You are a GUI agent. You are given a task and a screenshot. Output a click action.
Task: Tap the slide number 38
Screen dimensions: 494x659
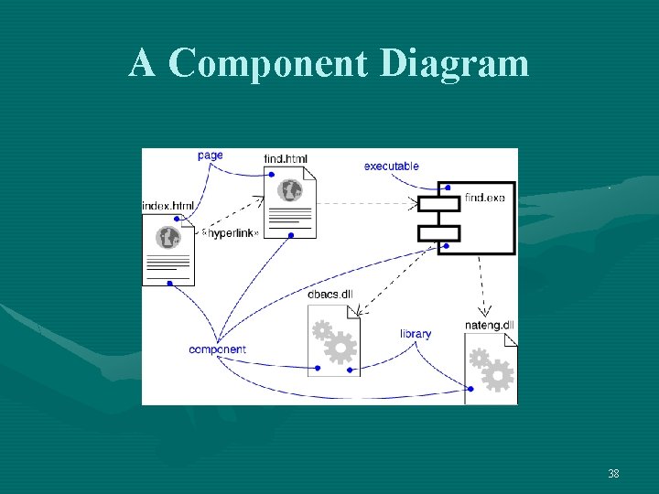pyautogui.click(x=613, y=474)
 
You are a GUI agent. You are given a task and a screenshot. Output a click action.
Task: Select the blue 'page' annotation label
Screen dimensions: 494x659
pyautogui.click(x=210, y=156)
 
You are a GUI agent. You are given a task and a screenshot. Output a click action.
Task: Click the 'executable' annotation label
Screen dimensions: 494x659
pyautogui.click(x=391, y=166)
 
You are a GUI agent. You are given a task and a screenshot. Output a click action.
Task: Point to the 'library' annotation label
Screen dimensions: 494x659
pyautogui.click(x=416, y=334)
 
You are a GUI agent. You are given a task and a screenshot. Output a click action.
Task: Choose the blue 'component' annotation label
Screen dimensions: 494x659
pyautogui.click(x=217, y=349)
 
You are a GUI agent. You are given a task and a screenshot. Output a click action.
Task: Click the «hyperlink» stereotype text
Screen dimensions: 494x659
pyautogui.click(x=230, y=233)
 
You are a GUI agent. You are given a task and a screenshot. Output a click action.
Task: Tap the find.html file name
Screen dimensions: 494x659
pyautogui.click(x=286, y=159)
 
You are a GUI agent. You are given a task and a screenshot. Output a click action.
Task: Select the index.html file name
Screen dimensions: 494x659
pyautogui.click(x=168, y=206)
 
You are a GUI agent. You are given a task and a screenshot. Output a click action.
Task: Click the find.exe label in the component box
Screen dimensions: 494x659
pyautogui.click(x=484, y=198)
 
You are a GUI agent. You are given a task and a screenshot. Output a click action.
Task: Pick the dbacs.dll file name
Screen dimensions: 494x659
pyautogui.click(x=330, y=294)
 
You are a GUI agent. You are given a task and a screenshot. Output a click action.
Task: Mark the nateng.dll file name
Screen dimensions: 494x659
pyautogui.click(x=490, y=325)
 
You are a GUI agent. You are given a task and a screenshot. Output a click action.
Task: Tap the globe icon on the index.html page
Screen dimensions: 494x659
pyautogui.click(x=168, y=238)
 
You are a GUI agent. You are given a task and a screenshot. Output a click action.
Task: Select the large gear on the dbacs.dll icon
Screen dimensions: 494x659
pyautogui.click(x=340, y=349)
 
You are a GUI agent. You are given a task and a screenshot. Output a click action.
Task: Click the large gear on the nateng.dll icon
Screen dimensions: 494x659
pyautogui.click(x=498, y=375)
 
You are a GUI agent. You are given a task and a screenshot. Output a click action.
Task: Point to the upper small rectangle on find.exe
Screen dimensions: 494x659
pyautogui.click(x=438, y=203)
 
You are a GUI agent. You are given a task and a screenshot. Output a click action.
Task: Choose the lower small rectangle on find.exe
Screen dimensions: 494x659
pyautogui.click(x=438, y=232)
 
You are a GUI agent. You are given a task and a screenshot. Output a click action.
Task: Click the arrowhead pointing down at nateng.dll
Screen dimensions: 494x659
pyautogui.click(x=486, y=311)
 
